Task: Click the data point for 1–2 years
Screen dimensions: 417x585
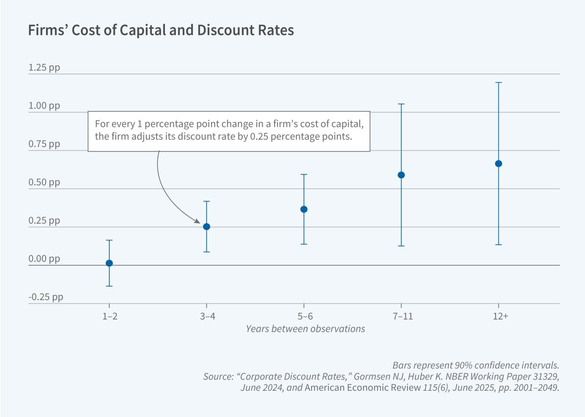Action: [x=109, y=263]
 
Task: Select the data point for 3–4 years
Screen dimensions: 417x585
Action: [x=207, y=226]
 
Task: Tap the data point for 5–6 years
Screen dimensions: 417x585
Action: [x=304, y=209]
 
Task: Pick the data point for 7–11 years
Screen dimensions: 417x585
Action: [x=401, y=175]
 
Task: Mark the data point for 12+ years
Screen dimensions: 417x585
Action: [x=498, y=164]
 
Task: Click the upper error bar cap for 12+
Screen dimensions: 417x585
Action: [x=498, y=82]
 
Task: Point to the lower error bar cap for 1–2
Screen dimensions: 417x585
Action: [x=109, y=286]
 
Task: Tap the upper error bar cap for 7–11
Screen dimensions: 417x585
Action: [x=401, y=104]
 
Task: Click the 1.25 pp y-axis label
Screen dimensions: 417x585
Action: [x=44, y=67]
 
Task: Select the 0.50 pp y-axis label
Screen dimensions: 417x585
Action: [x=44, y=182]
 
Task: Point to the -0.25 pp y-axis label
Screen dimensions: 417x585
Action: [x=46, y=297]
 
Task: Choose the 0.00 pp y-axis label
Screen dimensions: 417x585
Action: [x=44, y=259]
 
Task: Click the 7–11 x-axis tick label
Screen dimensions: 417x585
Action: [x=403, y=316]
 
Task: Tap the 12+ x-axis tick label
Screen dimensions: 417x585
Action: [x=500, y=316]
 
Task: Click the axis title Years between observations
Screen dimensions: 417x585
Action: [x=305, y=329]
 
